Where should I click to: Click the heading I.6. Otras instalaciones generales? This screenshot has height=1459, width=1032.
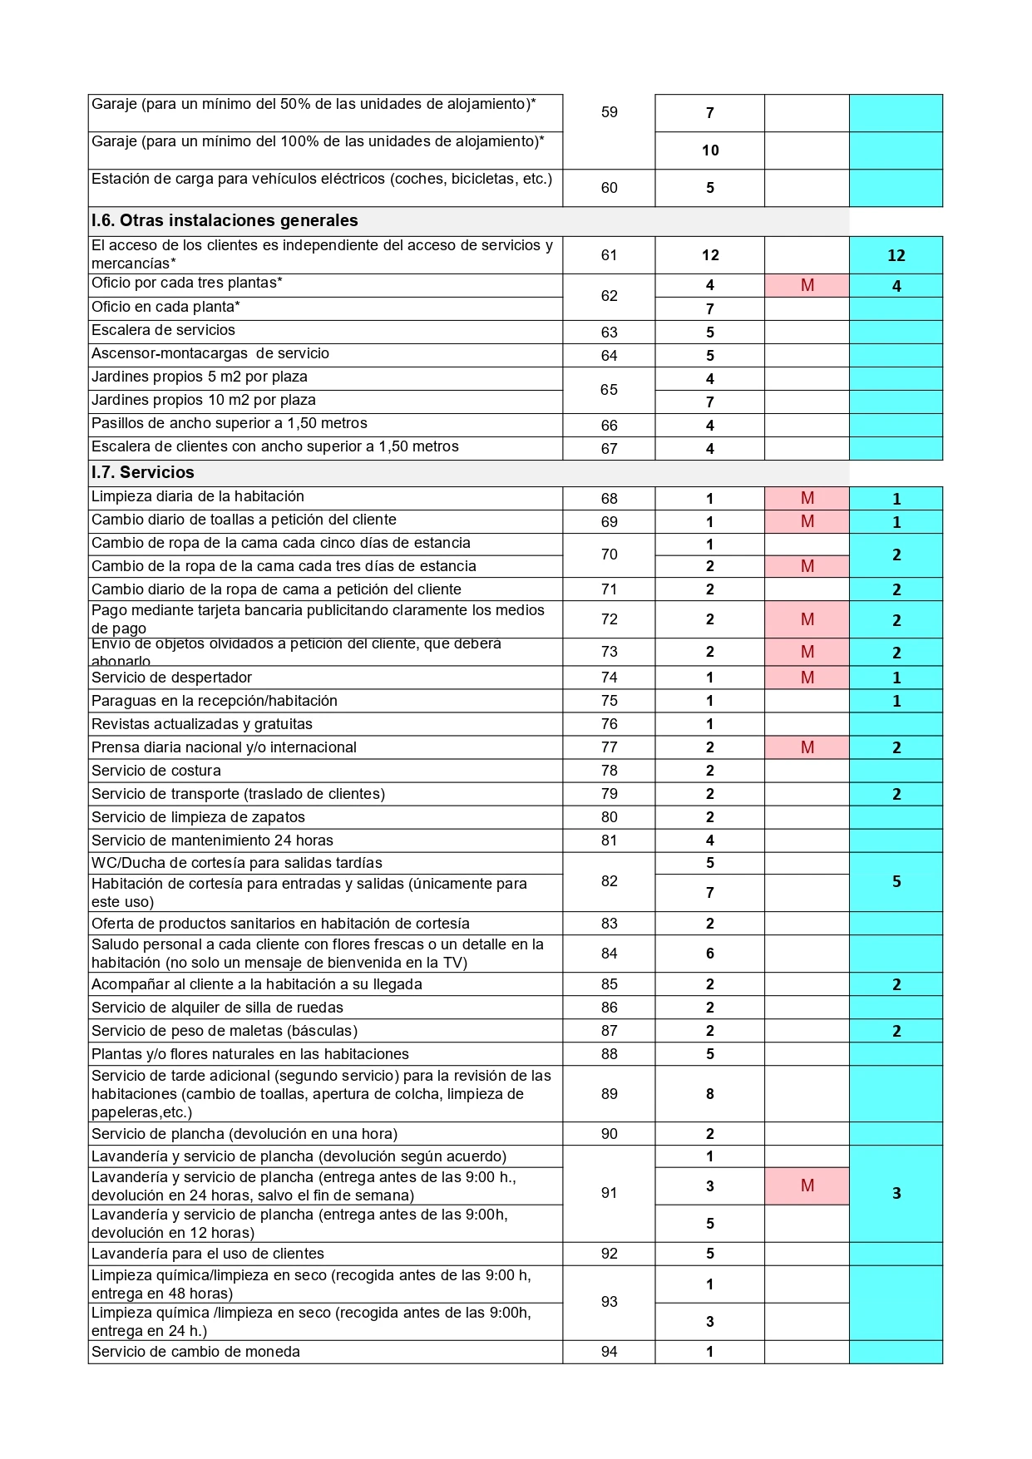225,220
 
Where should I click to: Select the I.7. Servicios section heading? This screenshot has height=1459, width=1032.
143,472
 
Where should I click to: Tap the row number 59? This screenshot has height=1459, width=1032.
609,112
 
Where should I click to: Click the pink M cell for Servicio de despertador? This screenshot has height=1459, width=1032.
807,678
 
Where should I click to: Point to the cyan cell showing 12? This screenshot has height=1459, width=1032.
896,255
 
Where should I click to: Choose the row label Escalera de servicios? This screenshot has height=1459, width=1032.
163,331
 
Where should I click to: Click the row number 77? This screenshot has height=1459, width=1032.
609,747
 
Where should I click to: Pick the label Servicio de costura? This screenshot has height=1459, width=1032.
156,771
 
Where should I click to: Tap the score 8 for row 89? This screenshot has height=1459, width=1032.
709,1094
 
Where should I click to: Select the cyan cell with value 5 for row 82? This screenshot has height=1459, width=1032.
896,881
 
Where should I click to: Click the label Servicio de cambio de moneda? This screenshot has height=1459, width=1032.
195,1352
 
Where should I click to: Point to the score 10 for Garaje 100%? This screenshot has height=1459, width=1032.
709,150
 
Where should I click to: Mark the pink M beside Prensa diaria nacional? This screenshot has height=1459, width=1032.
807,747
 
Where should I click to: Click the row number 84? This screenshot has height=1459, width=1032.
609,954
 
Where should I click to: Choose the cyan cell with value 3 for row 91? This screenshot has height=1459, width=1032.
896,1193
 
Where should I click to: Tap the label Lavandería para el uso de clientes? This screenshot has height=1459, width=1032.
208,1254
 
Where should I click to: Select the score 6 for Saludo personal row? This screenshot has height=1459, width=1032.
709,954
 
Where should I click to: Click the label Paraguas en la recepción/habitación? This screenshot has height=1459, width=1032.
215,701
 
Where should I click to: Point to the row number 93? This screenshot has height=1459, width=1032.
609,1302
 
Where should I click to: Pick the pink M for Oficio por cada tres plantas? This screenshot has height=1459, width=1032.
807,285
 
